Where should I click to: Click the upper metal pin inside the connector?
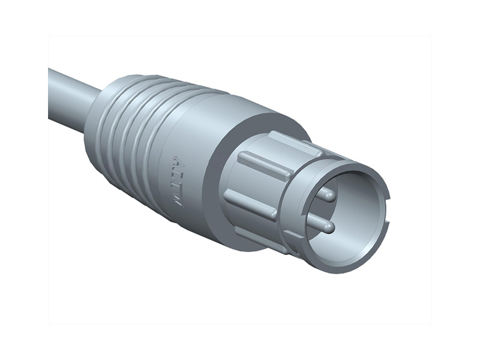pos(326,194)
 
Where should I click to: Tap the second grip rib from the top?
pos(264,164)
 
